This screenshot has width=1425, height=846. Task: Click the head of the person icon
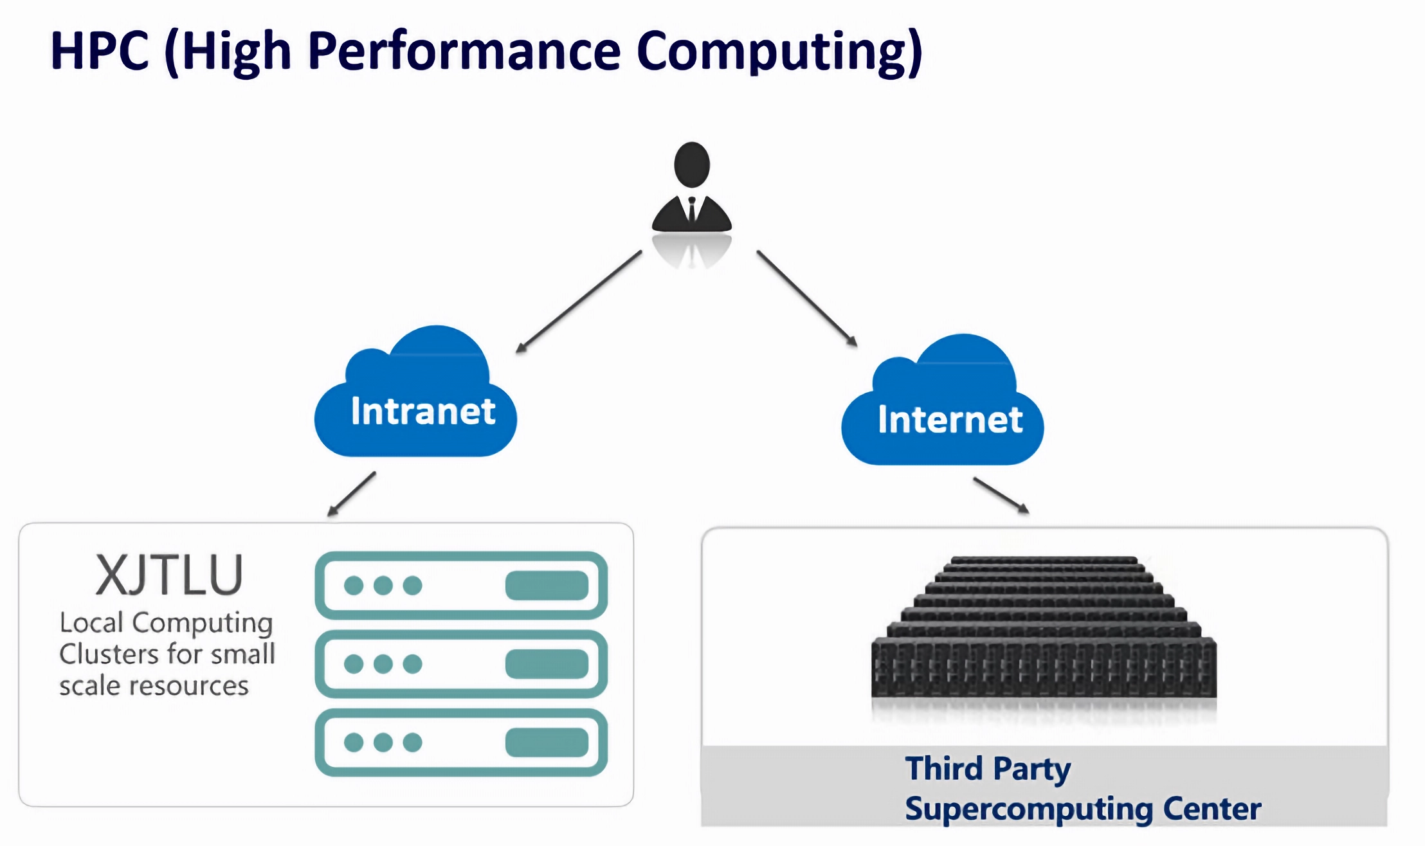tap(692, 165)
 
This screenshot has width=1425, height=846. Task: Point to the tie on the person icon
tap(692, 210)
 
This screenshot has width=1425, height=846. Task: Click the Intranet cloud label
tap(423, 411)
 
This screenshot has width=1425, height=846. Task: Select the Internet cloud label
tap(950, 420)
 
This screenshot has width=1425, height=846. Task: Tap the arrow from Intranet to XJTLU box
tap(352, 494)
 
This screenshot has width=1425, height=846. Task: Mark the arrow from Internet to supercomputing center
tap(1001, 495)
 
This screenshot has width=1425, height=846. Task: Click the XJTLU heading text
tap(169, 575)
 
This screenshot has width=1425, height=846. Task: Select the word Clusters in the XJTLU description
tap(108, 654)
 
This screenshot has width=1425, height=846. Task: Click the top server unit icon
tap(461, 586)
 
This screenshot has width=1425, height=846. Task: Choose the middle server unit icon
tap(461, 664)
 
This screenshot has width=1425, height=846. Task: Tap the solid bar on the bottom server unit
tap(547, 742)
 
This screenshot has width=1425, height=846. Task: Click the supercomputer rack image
tap(1044, 630)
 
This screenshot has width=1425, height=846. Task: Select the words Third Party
tap(988, 769)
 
